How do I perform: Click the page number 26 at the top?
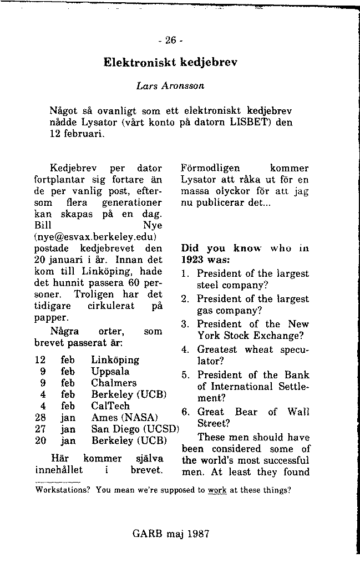170,40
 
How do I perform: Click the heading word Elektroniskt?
139,62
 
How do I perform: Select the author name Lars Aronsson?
170,86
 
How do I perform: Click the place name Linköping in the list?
115,360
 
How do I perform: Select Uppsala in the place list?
110,372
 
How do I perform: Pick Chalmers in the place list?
114,383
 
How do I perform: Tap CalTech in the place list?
111,406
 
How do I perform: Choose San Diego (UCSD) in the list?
135,429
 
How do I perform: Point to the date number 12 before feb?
40,360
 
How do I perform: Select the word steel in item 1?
209,286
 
